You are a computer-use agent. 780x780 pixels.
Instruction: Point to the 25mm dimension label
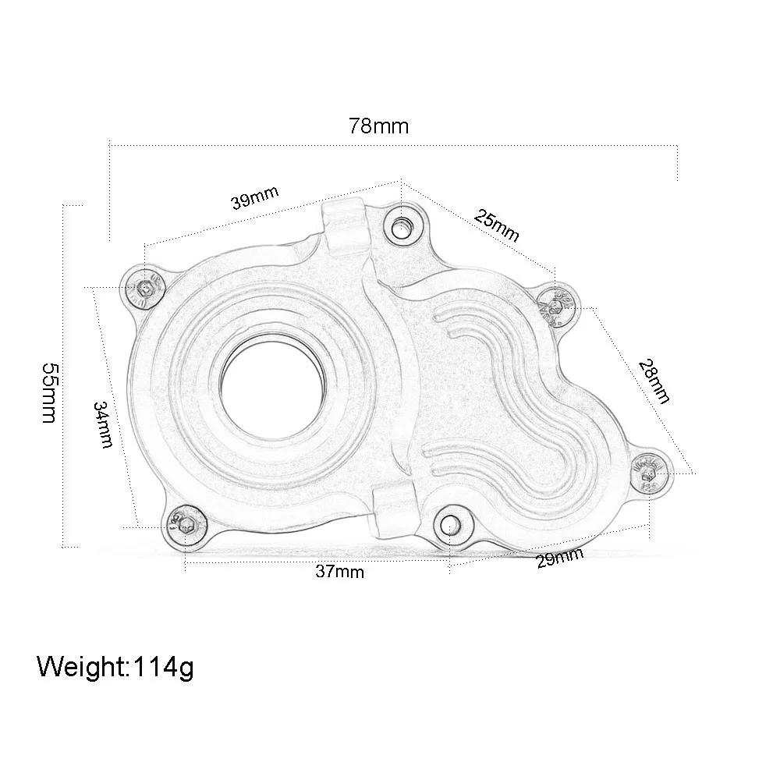pos(496,225)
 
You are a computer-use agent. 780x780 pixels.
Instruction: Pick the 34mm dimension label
pos(103,425)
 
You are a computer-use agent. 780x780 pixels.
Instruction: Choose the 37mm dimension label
pos(339,572)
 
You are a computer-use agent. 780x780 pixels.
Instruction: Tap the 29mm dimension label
pos(560,558)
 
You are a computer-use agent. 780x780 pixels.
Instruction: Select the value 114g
pos(162,668)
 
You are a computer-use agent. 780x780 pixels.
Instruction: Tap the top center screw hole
pos(401,228)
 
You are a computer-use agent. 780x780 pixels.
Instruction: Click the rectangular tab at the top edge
pos(344,226)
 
